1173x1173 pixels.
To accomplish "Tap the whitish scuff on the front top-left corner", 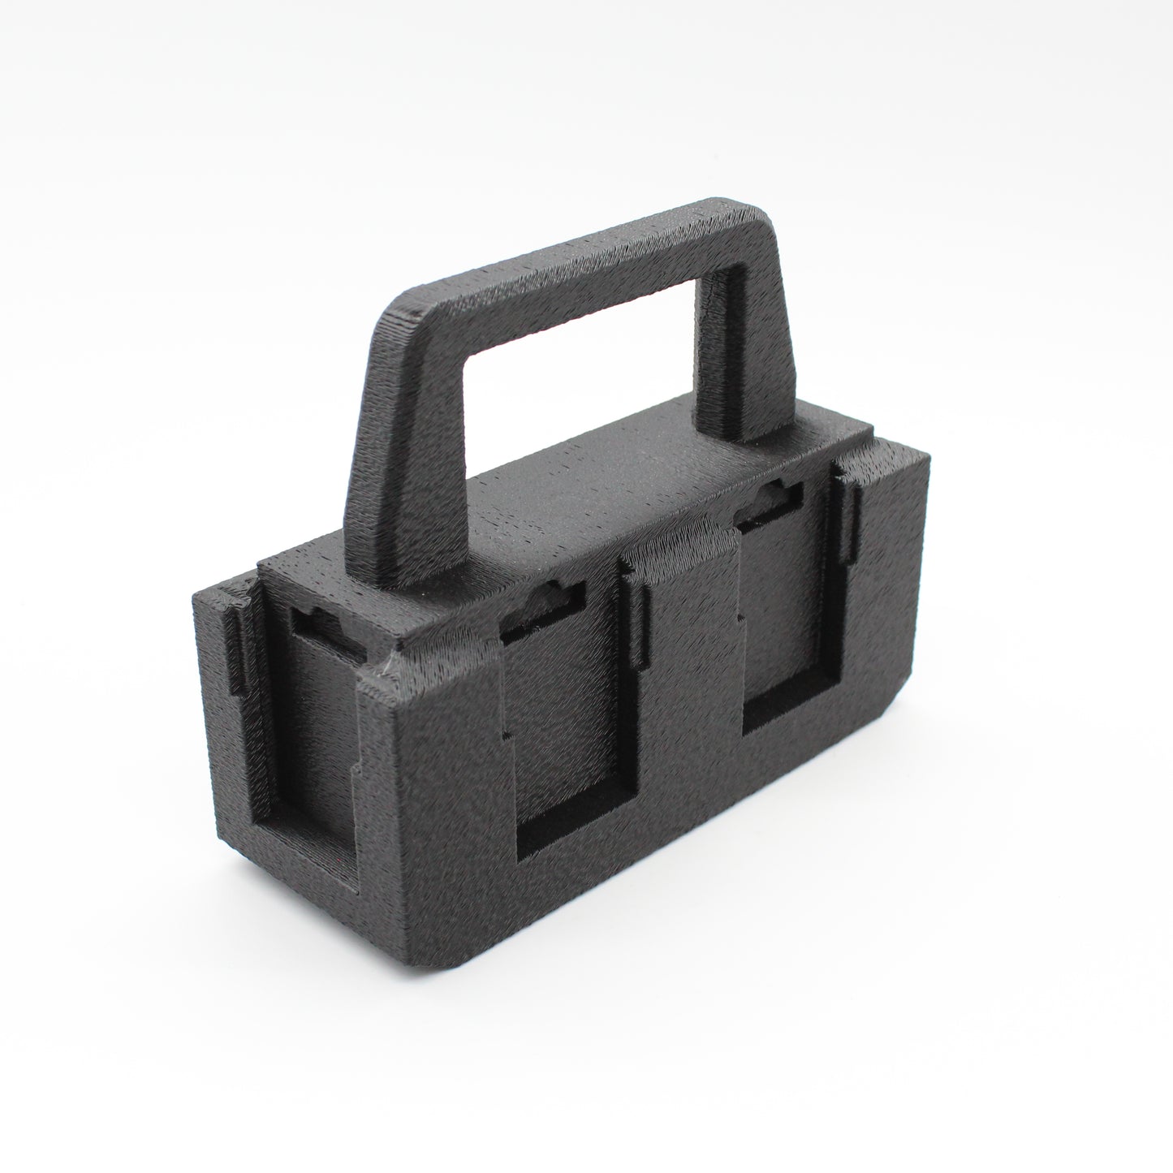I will [382, 668].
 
